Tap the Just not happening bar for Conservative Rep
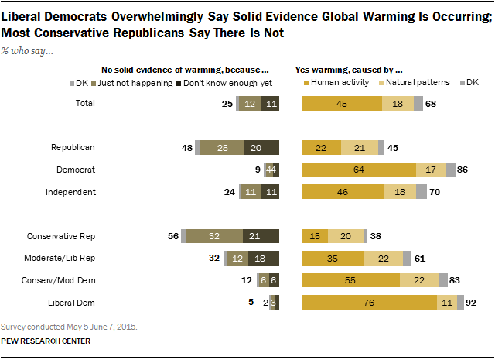pos(214,236)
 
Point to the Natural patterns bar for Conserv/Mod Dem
pos(419,281)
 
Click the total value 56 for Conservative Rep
pos(173,236)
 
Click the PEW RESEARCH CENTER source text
pos(46,341)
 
